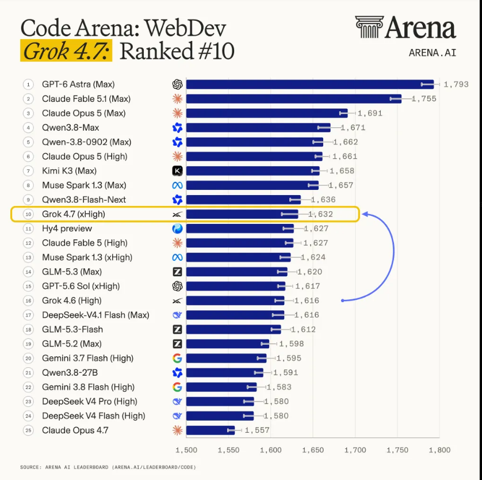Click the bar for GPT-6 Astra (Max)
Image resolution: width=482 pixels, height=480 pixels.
(310, 84)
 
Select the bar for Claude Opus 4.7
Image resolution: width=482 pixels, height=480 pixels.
(211, 430)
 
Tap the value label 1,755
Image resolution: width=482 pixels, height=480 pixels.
(424, 99)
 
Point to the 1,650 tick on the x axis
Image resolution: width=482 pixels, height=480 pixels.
(313, 450)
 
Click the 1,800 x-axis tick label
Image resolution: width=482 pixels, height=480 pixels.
(439, 450)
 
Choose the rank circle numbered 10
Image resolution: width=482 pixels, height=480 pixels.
(28, 214)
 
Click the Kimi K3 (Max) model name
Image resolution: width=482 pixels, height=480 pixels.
(69, 171)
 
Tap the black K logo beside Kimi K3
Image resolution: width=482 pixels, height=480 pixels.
(177, 171)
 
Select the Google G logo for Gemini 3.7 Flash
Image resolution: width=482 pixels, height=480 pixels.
(177, 358)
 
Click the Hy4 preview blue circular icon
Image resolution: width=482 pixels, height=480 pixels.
(177, 228)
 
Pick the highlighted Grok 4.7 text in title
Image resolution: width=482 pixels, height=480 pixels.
(66, 51)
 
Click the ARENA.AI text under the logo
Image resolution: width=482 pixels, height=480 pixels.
(432, 53)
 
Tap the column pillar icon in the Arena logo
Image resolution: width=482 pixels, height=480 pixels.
(369, 27)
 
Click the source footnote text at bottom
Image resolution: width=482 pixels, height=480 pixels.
(108, 467)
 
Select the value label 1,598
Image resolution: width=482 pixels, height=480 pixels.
(292, 344)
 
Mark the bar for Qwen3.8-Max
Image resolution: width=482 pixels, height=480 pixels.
(258, 128)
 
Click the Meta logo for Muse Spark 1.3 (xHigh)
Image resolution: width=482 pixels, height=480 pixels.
(177, 257)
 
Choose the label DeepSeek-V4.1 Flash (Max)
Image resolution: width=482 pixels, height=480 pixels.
(95, 315)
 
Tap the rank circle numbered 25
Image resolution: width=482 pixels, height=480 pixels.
(28, 430)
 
